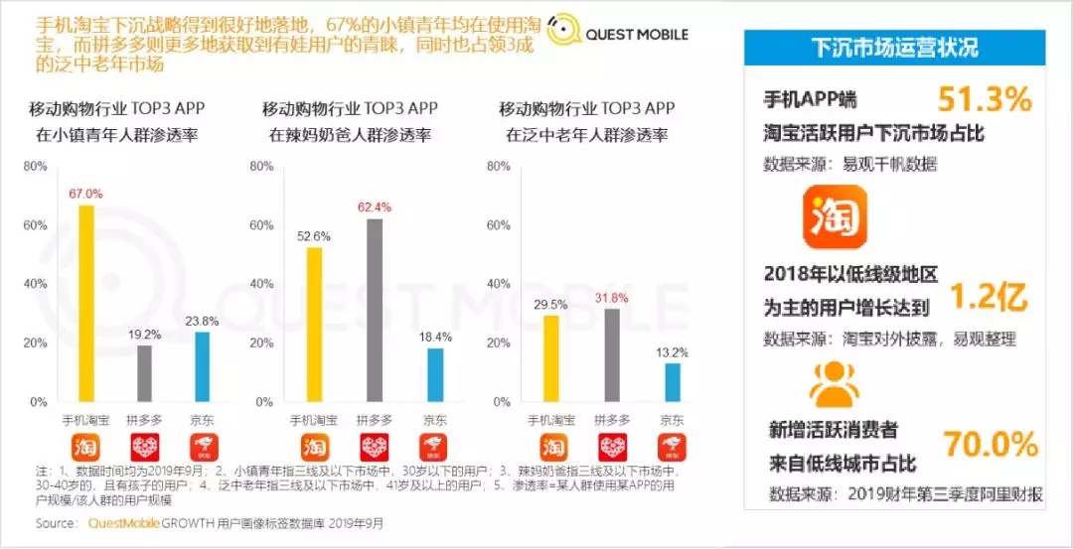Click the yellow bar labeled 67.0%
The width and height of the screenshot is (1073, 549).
tap(86, 303)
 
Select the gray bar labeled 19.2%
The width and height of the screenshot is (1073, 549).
tap(145, 373)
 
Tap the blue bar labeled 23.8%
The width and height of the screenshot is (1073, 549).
tap(203, 366)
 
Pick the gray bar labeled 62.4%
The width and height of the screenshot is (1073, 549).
tap(374, 310)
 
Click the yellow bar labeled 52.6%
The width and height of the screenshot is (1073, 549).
tap(314, 325)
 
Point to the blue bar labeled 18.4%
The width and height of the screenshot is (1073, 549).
tap(434, 374)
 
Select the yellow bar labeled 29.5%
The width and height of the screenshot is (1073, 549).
tap(550, 358)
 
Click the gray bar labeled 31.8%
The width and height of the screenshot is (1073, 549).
tap(611, 354)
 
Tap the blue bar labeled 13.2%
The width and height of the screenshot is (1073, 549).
tap(673, 382)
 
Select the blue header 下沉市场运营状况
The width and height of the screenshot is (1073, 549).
tap(894, 47)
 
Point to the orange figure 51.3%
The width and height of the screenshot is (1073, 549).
tap(985, 98)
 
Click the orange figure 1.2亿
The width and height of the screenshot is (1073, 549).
tap(988, 295)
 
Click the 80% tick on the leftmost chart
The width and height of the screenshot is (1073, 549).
tap(35, 167)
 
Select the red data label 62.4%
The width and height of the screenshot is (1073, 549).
tap(374, 207)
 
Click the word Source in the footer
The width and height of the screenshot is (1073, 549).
tap(57, 522)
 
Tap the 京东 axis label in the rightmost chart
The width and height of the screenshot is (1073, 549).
tap(673, 420)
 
